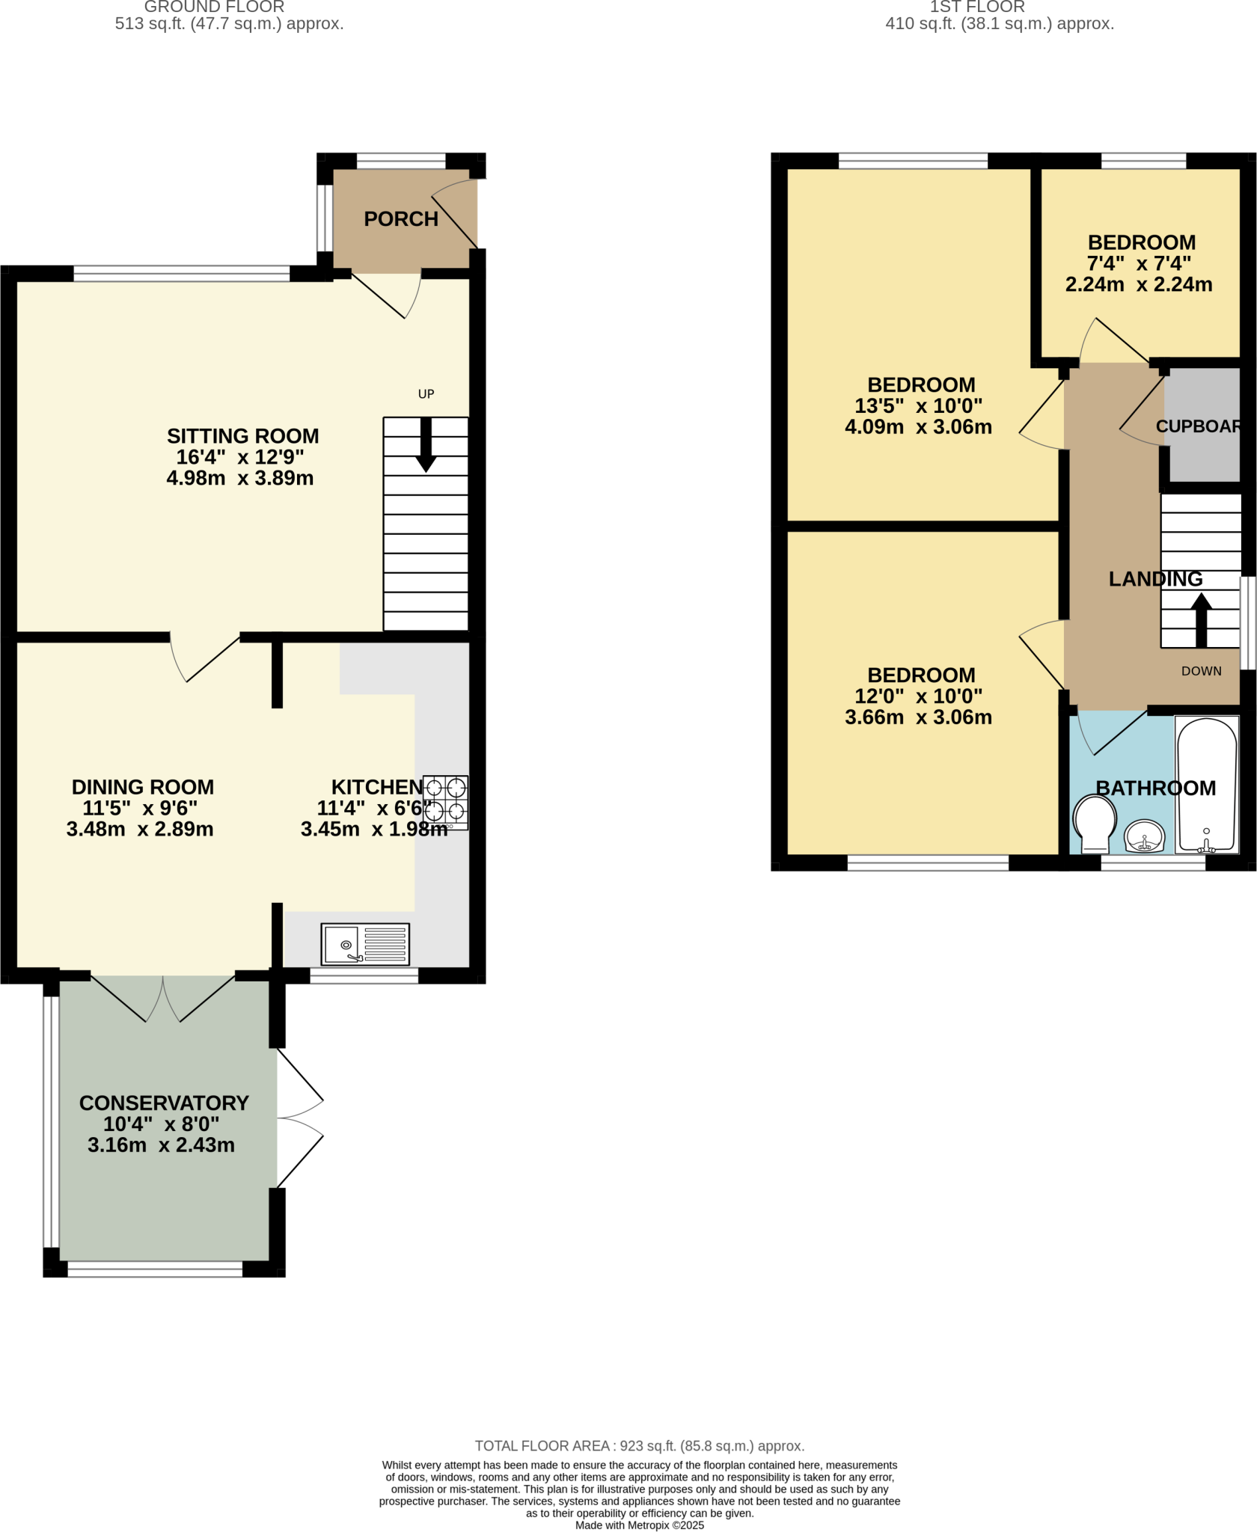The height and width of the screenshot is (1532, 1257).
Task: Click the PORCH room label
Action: click(401, 219)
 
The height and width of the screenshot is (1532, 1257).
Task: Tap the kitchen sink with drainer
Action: click(365, 944)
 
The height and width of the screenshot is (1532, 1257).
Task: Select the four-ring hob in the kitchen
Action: click(446, 802)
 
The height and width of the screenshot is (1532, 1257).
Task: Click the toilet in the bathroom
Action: click(1095, 824)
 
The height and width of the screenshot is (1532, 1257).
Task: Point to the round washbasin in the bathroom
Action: click(1144, 836)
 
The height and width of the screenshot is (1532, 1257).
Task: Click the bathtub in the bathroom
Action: click(1207, 785)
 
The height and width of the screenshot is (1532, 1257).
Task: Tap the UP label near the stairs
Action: click(426, 394)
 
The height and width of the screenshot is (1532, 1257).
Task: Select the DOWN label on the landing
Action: click(1201, 671)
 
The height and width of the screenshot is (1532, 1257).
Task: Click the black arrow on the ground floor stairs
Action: click(426, 445)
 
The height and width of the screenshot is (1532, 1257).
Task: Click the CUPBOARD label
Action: click(1198, 426)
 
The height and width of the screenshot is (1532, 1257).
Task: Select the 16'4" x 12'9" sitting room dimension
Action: click(239, 457)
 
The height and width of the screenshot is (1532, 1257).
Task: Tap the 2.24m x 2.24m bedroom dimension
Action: click(1138, 285)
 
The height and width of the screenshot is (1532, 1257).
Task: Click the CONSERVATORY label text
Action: click(164, 1103)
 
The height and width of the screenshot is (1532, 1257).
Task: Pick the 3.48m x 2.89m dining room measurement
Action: click(140, 830)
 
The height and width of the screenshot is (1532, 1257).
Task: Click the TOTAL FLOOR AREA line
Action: click(639, 1446)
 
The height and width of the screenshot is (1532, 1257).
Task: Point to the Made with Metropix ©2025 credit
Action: click(639, 1525)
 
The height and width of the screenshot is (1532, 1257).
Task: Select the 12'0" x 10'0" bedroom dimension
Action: click(918, 696)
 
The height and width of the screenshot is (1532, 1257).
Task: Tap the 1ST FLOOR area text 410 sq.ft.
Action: click(999, 24)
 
